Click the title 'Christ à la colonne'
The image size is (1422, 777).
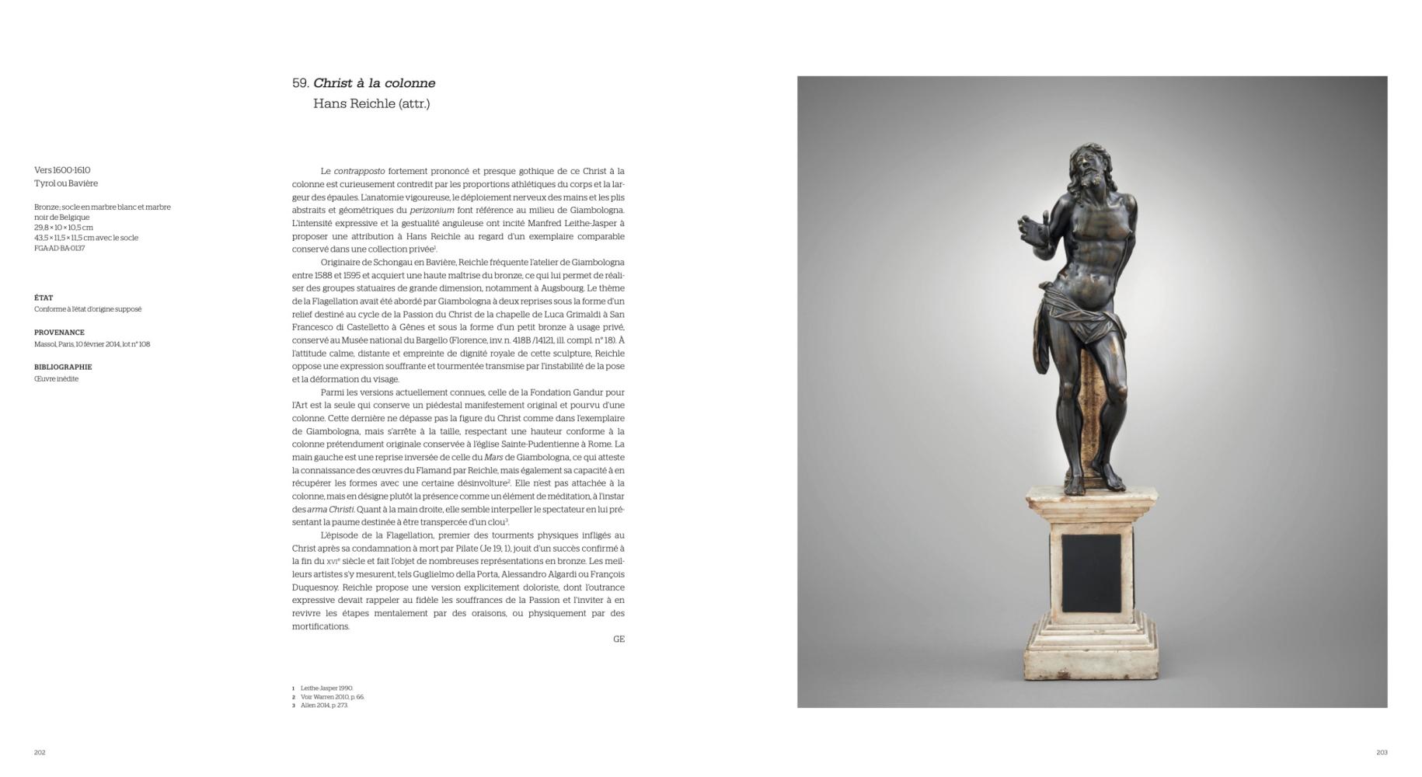[374, 83]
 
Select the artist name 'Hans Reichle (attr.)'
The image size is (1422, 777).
[371, 103]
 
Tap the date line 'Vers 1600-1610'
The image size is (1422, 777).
[62, 170]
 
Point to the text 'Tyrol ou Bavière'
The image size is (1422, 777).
[66, 183]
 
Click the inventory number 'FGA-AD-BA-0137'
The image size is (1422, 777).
[59, 249]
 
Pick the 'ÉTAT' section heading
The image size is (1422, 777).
[44, 298]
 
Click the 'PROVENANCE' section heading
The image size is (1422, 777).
[59, 333]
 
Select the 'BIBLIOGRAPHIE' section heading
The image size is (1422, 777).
[63, 367]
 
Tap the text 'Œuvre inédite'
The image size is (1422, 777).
[56, 379]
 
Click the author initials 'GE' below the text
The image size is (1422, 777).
[619, 639]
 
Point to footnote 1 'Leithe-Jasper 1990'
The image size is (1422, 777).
[326, 688]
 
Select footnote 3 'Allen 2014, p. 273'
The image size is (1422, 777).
[324, 706]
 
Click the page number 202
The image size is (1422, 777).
[40, 752]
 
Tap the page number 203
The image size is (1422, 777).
[1382, 752]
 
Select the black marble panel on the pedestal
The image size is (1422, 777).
[1091, 573]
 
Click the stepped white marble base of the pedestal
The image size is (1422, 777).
[1091, 653]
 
